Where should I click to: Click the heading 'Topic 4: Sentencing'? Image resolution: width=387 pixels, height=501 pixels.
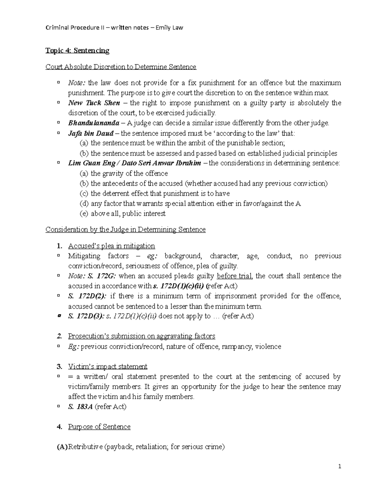tap(77, 50)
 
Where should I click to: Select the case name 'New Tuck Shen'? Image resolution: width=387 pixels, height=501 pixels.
tap(94, 103)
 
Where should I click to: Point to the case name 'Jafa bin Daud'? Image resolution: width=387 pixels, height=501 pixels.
tap(91, 133)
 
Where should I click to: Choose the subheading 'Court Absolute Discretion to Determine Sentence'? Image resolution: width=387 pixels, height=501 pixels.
tap(121, 67)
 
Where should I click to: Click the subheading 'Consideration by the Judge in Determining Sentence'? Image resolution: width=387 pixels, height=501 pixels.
tap(125, 229)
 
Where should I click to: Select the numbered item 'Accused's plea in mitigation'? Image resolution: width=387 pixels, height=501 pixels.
tap(111, 246)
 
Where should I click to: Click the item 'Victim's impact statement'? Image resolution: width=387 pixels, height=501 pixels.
tap(107, 366)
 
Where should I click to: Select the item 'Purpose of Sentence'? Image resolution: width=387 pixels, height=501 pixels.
tap(99, 426)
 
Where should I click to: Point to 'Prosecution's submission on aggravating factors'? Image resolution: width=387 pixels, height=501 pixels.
tap(141, 336)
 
